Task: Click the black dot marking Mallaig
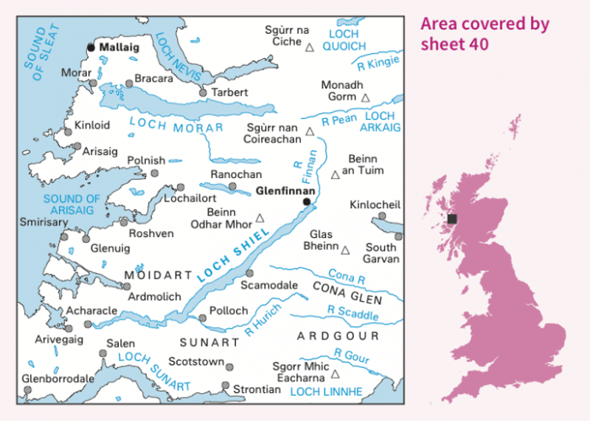pos(91,47)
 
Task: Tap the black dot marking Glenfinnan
pos(307,201)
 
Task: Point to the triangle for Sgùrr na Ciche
pos(310,47)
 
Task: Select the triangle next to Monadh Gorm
pos(364,97)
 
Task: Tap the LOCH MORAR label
pos(176,126)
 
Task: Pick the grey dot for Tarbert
pos(204,93)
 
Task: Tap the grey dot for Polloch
pos(202,318)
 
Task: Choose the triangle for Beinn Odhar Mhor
pos(260,219)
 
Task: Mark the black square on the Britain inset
pos(452,219)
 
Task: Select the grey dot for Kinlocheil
pos(382,216)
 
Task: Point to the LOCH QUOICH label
pos(344,40)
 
